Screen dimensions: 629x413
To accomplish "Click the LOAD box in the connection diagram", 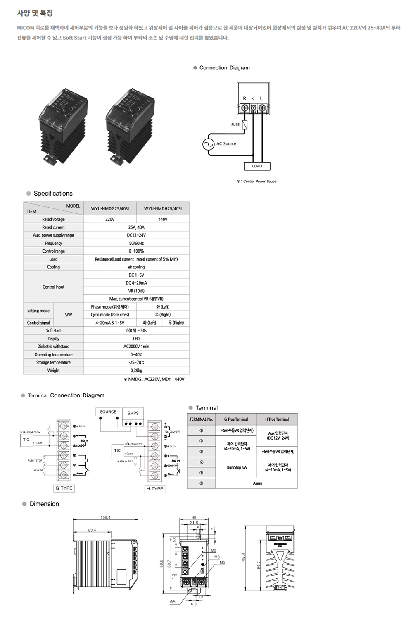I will [x=257, y=166].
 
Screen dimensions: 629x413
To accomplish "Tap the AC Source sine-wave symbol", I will [x=208, y=144].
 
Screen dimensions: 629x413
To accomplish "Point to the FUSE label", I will [x=235, y=124].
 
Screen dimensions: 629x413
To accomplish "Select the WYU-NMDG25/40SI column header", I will [x=110, y=209].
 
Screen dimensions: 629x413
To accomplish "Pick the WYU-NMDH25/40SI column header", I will [x=163, y=209].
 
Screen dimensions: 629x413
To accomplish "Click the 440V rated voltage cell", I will [x=163, y=219].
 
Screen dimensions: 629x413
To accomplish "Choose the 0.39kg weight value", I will [x=136, y=371].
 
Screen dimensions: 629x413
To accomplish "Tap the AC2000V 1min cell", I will [x=136, y=347].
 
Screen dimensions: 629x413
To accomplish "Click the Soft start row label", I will [x=53, y=330].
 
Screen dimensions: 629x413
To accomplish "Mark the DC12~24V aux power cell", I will [x=136, y=235].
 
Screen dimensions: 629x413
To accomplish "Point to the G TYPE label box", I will [x=64, y=488].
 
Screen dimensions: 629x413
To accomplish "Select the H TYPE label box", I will [x=154, y=489].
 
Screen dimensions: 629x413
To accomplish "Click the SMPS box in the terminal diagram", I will [x=133, y=413].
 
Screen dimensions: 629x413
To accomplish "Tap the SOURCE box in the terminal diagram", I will [x=108, y=412].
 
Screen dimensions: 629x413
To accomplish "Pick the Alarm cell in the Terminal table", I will [x=257, y=483].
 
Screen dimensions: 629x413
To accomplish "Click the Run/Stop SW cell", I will [x=237, y=467].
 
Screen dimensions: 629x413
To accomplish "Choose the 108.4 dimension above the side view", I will [x=105, y=517].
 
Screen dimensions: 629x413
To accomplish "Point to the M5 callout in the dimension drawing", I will [x=222, y=562].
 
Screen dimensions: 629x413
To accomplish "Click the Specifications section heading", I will [x=53, y=194].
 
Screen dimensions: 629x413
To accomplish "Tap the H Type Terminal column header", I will [x=277, y=419].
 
